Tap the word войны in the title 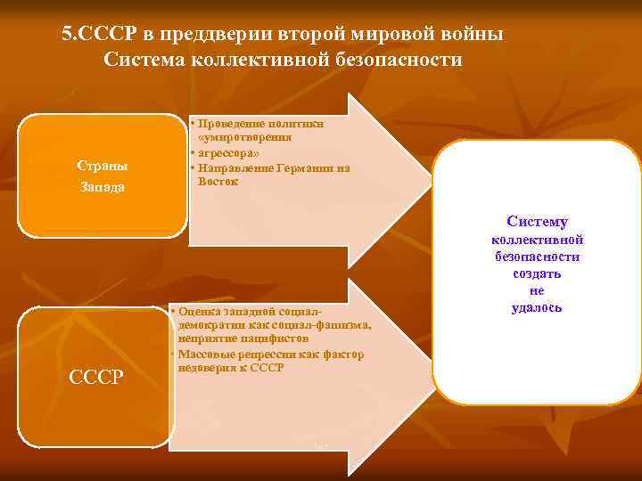click(469, 35)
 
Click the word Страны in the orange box click(102, 166)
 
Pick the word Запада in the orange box click(102, 187)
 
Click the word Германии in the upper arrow click(300, 167)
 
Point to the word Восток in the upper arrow click(218, 181)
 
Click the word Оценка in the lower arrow click(202, 311)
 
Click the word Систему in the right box click(537, 222)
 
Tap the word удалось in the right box click(537, 307)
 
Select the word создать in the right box click(537, 273)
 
